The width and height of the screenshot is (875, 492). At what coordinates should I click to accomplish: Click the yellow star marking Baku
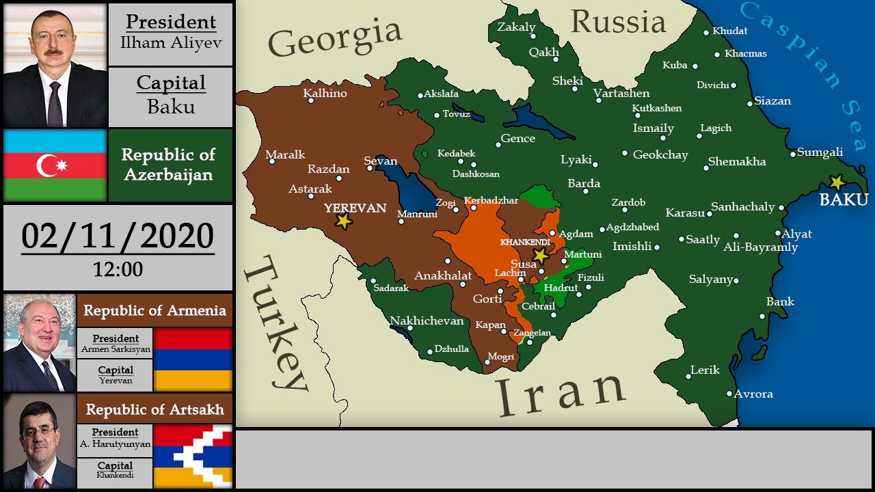tap(836, 182)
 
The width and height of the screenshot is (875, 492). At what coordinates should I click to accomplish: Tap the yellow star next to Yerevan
tap(343, 221)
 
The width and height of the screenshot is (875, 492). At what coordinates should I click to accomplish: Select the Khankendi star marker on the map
tap(541, 255)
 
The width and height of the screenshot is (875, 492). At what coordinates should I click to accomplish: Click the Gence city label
tap(517, 139)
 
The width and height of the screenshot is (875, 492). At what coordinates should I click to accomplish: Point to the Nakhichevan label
tap(427, 320)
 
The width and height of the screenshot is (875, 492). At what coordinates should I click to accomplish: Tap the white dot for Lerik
tap(688, 376)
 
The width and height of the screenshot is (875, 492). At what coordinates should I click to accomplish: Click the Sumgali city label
tap(820, 152)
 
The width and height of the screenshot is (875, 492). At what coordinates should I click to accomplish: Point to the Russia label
tap(618, 22)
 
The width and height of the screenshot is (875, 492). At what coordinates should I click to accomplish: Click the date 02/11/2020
tap(118, 236)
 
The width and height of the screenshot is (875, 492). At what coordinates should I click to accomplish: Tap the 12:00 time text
tap(118, 269)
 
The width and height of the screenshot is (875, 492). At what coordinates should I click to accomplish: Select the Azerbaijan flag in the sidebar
tap(55, 165)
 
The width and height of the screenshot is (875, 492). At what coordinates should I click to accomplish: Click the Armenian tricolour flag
tap(193, 359)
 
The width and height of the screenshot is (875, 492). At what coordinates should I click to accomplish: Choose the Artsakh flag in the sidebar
tap(193, 456)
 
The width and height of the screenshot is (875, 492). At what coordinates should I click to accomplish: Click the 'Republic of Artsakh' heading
tap(154, 409)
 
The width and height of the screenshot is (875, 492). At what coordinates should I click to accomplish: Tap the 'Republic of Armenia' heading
tap(154, 310)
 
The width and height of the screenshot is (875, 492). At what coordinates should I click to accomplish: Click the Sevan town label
tap(381, 161)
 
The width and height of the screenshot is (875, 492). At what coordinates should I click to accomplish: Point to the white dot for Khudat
tap(707, 31)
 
